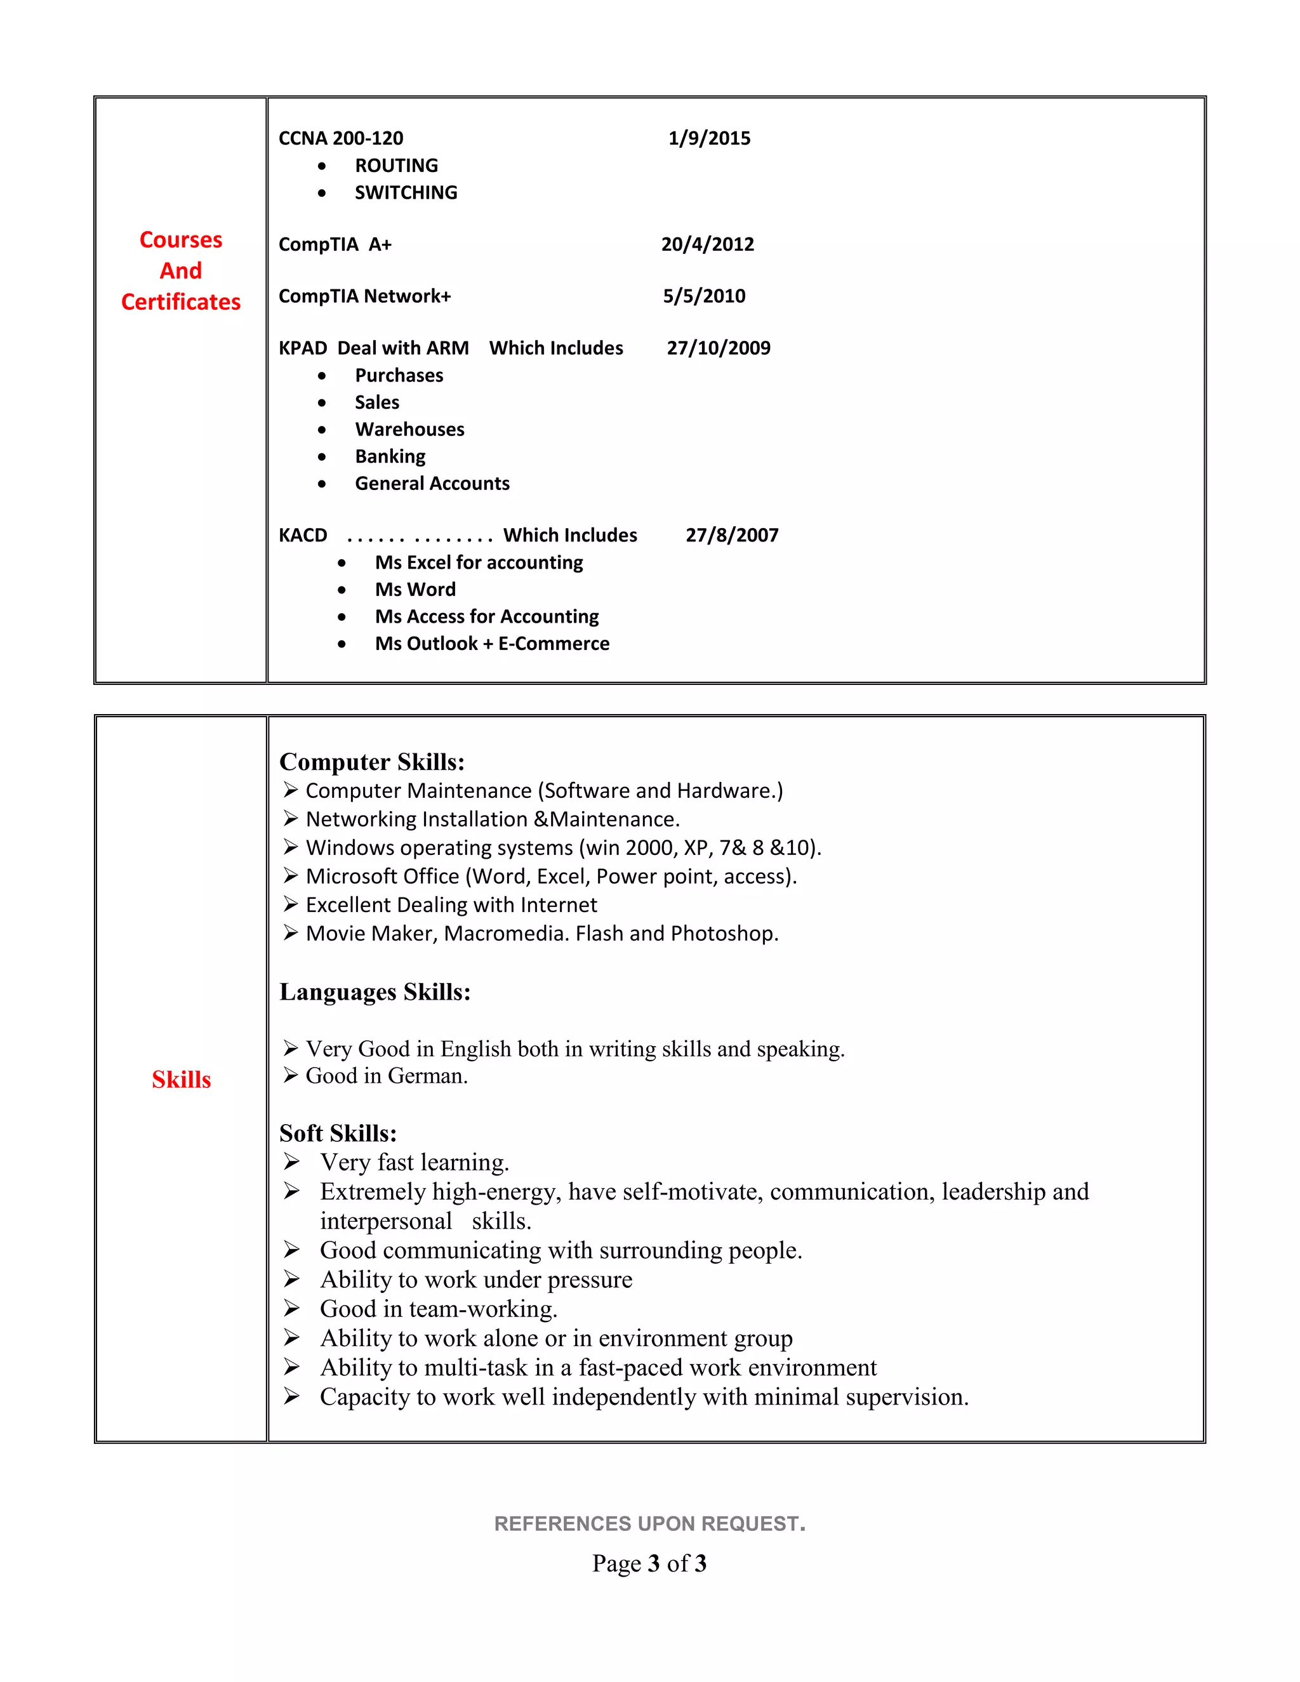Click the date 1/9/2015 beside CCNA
point(708,138)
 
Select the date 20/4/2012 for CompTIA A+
point(707,244)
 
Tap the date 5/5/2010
point(704,296)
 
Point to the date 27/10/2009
point(718,348)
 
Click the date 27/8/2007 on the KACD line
point(732,535)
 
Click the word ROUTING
point(396,166)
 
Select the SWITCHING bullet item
point(406,192)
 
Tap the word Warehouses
point(409,430)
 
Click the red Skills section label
point(181,1080)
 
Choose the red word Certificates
point(181,302)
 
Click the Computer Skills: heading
point(372,762)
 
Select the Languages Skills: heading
point(375,992)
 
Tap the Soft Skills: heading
point(337,1133)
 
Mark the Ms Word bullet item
point(415,590)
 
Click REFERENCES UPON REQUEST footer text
point(649,1523)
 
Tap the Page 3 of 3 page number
point(649,1563)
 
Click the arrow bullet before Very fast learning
point(291,1162)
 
